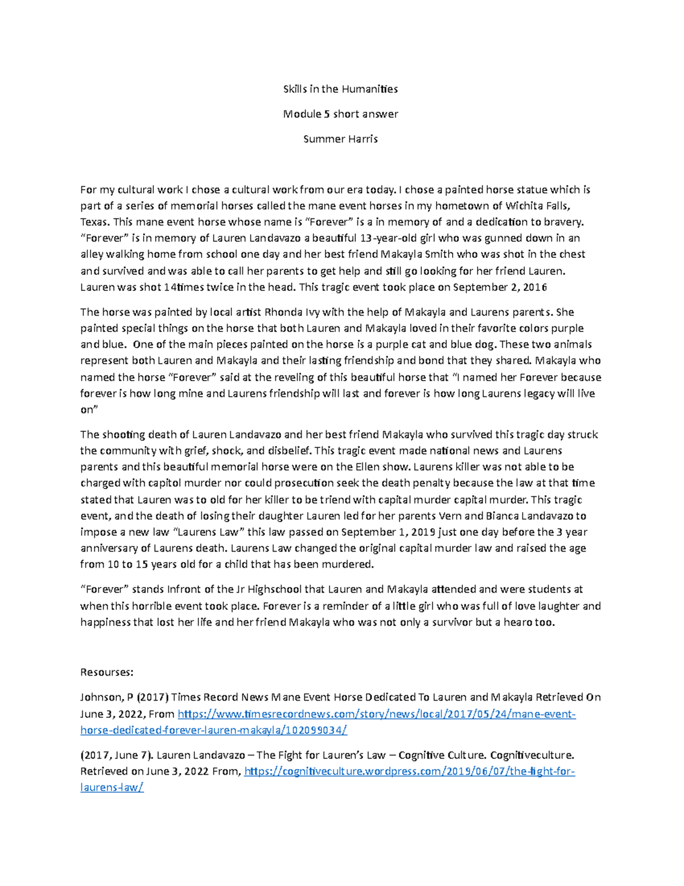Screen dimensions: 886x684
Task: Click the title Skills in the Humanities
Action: pyautogui.click(x=340, y=89)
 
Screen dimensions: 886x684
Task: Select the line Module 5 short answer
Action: pyautogui.click(x=340, y=114)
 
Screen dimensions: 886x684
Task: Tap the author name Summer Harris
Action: pyautogui.click(x=340, y=139)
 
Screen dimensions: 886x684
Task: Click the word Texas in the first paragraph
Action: pyautogui.click(x=93, y=222)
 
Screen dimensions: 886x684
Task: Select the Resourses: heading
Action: pyautogui.click(x=107, y=673)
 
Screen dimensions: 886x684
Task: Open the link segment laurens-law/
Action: pyautogui.click(x=112, y=788)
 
